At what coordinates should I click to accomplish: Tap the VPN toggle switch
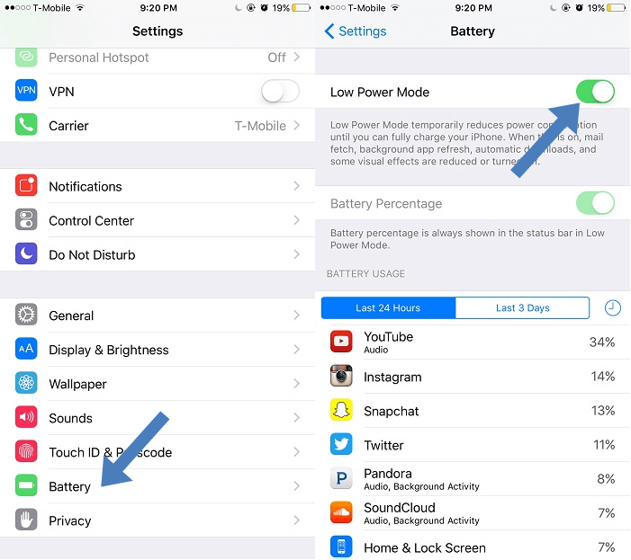click(x=279, y=92)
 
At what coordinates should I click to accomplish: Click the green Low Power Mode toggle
click(x=595, y=92)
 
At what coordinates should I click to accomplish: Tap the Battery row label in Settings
click(x=69, y=486)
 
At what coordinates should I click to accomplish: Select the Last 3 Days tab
click(x=522, y=308)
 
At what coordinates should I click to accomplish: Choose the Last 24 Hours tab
click(x=388, y=308)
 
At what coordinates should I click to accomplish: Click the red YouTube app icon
click(x=341, y=342)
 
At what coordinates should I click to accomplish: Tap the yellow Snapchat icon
click(x=341, y=411)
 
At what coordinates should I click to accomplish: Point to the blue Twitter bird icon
click(x=341, y=445)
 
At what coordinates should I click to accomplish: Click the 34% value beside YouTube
click(x=602, y=342)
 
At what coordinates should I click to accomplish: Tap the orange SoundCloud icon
click(x=341, y=513)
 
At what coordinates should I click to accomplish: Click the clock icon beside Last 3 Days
click(x=612, y=308)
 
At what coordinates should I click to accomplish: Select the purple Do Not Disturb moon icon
click(x=26, y=254)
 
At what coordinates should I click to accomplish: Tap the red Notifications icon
click(x=26, y=186)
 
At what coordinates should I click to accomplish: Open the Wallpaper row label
click(x=77, y=384)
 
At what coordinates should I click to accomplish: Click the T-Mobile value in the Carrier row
click(x=260, y=126)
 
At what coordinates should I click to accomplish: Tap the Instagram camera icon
click(x=341, y=377)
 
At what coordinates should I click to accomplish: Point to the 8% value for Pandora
click(x=606, y=479)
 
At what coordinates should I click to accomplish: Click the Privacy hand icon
click(x=26, y=520)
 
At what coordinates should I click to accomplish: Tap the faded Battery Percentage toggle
click(x=595, y=203)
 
